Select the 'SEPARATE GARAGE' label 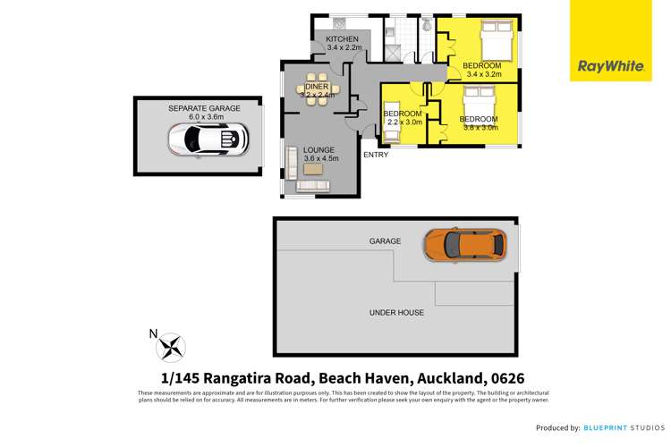point(204,107)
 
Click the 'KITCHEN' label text point(342,39)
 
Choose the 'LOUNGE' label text point(318,149)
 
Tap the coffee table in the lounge point(314,168)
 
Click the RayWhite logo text point(601,65)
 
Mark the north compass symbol point(171,346)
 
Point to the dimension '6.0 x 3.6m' point(204,116)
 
